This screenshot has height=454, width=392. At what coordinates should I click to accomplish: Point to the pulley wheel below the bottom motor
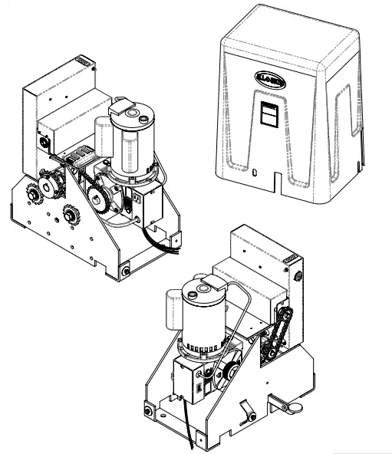pyautogui.click(x=231, y=371)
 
